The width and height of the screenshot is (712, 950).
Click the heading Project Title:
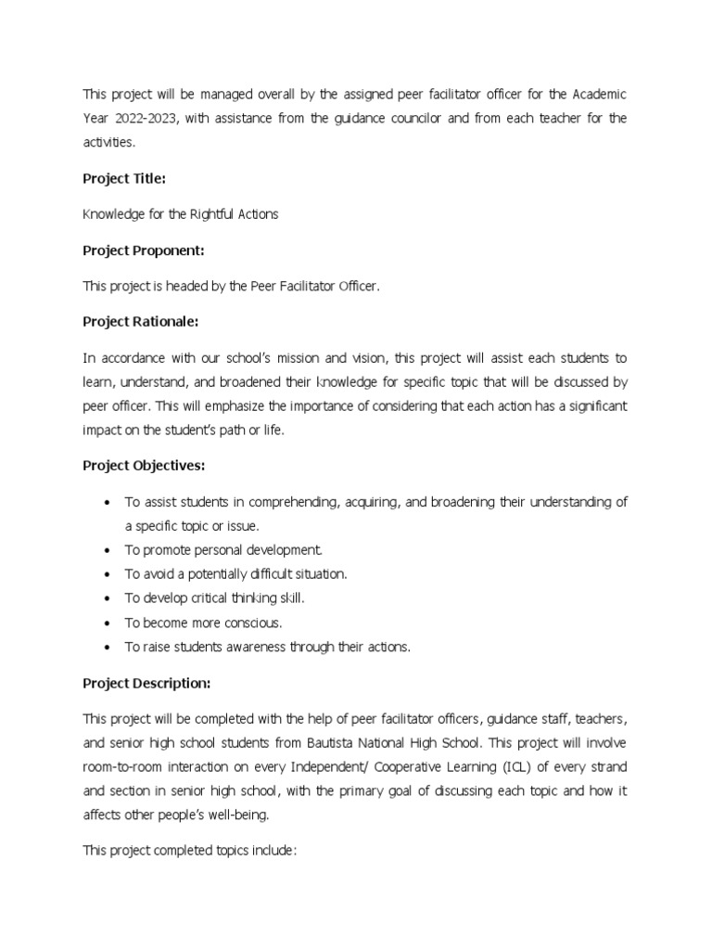coord(125,178)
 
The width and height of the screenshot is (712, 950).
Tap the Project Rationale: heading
coord(141,322)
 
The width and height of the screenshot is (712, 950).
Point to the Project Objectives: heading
coord(144,466)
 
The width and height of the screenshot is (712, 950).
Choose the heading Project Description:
coord(146,684)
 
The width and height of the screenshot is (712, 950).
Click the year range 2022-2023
coord(144,118)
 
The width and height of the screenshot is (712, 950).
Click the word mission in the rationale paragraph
coord(290,357)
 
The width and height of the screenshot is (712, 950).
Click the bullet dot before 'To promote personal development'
coord(108,550)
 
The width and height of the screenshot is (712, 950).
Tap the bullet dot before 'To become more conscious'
coord(108,623)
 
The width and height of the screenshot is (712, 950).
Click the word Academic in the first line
coord(599,94)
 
